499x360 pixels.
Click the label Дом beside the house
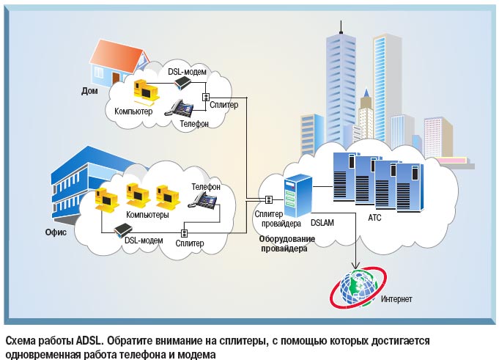point(90,92)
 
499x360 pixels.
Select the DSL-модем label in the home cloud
point(187,72)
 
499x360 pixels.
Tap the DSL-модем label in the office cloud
point(144,240)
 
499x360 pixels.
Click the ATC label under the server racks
point(374,218)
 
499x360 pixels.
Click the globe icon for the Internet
point(356,289)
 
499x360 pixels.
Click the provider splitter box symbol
point(270,199)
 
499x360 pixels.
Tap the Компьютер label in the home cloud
point(133,111)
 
